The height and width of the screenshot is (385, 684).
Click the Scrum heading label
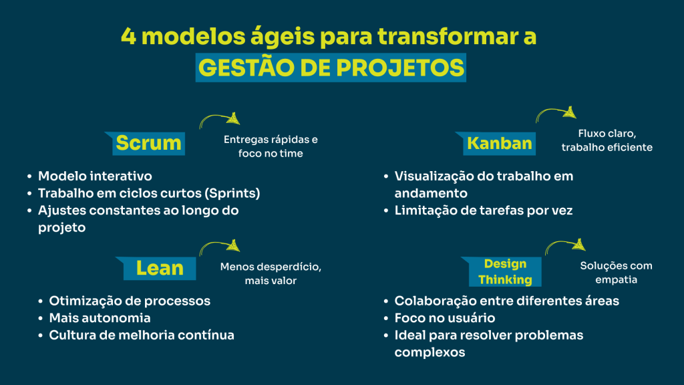[x=148, y=143]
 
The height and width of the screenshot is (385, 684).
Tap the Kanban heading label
[x=500, y=143]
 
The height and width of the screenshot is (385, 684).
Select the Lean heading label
[x=160, y=268]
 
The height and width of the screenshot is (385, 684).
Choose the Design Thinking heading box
[x=505, y=271]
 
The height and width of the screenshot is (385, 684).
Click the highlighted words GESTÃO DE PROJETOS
[x=331, y=68]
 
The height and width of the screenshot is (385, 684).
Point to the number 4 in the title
[x=128, y=37]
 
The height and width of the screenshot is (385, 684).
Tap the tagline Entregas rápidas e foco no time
[x=270, y=147]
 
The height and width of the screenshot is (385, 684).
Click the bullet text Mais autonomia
[x=100, y=318]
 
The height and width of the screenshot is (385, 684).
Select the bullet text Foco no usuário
[x=445, y=318]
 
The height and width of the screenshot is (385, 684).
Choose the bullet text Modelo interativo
[x=95, y=176]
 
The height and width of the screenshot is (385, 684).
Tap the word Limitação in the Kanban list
[x=423, y=211]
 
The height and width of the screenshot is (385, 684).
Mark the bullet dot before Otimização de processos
[x=41, y=301]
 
